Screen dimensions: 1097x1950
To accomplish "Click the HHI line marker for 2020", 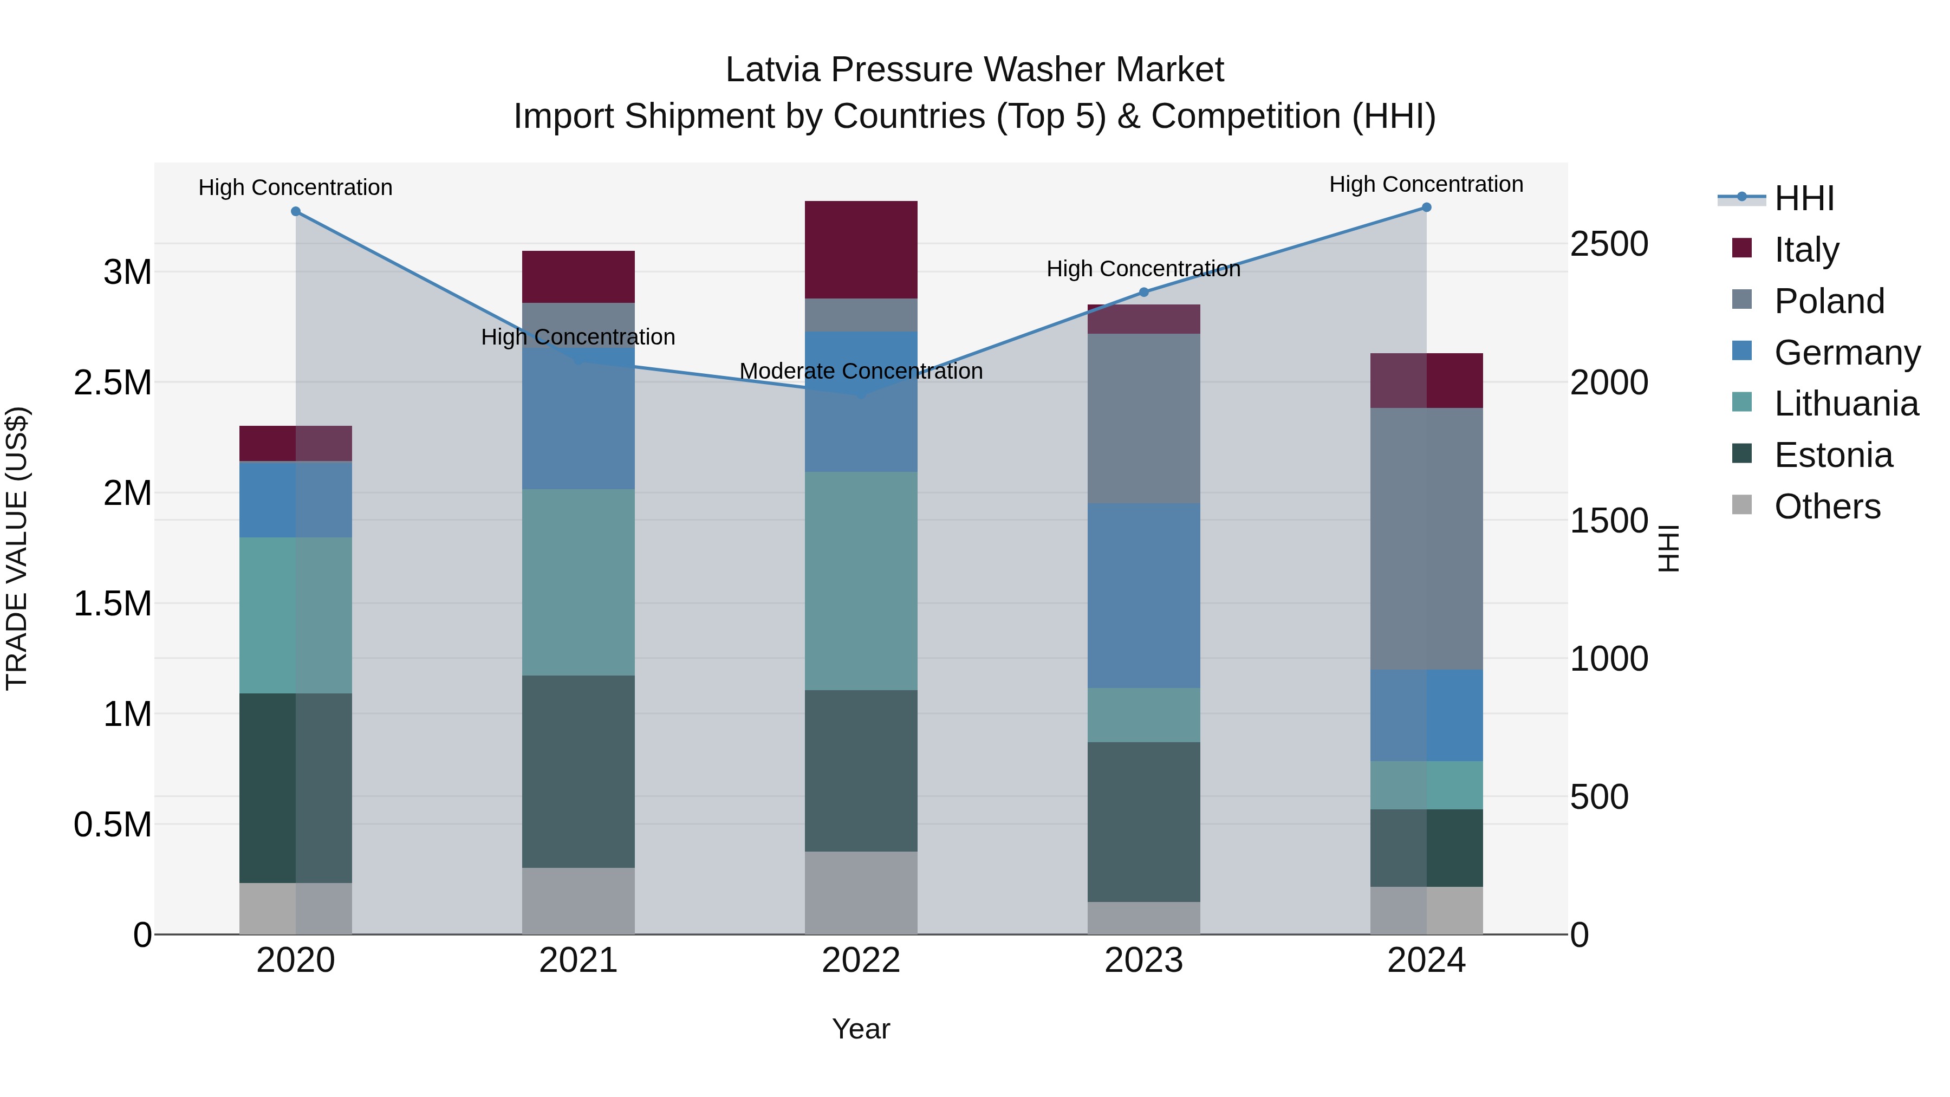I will tap(296, 212).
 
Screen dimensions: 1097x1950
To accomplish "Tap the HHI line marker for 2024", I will tap(1426, 207).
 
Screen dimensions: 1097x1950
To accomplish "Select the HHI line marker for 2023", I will tap(1144, 292).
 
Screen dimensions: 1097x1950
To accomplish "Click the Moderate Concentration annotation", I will tap(861, 372).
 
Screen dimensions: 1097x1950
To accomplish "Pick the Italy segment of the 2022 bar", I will tap(861, 250).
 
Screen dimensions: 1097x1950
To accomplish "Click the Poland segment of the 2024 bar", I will tap(1426, 539).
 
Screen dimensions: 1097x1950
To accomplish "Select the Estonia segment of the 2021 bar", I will tap(578, 771).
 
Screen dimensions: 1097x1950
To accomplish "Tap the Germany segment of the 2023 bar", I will tap(1144, 596).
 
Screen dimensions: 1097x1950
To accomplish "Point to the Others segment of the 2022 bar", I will tap(861, 893).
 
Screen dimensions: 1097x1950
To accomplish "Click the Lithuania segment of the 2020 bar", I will tap(296, 615).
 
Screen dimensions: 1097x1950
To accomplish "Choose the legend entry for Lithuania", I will tap(1845, 404).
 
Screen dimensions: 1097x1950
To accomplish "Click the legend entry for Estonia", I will tap(1832, 456).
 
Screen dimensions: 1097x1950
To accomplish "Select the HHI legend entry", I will tap(1804, 198).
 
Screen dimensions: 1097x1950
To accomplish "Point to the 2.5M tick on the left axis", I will tap(113, 383).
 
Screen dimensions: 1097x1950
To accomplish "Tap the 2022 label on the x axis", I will tap(861, 960).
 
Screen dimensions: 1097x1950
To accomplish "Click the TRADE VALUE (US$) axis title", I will tap(17, 549).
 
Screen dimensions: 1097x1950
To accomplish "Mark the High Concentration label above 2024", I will tap(1426, 185).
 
